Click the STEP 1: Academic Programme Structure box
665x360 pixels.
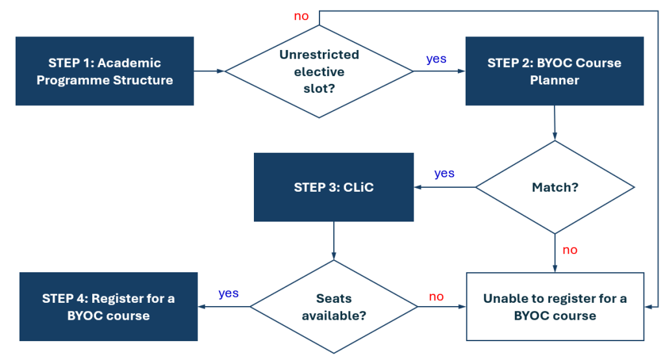click(105, 71)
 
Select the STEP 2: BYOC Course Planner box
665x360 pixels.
click(554, 71)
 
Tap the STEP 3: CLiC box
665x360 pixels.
click(333, 187)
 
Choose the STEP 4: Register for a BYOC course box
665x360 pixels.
click(108, 307)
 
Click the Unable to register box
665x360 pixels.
click(555, 307)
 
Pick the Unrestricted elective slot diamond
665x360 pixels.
click(319, 71)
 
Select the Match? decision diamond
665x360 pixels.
click(555, 187)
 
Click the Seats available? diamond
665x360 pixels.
click(334, 307)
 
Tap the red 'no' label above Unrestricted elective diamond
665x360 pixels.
click(301, 16)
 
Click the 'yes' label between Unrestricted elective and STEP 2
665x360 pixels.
click(436, 59)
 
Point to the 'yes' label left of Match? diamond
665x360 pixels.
click(444, 174)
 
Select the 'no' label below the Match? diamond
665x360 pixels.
click(570, 250)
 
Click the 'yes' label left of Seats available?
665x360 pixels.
click(229, 293)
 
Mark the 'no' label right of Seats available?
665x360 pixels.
click(436, 296)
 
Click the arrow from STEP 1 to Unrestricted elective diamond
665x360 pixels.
click(209, 70)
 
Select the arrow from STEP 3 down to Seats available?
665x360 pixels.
click(334, 240)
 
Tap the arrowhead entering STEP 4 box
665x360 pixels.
click(202, 307)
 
